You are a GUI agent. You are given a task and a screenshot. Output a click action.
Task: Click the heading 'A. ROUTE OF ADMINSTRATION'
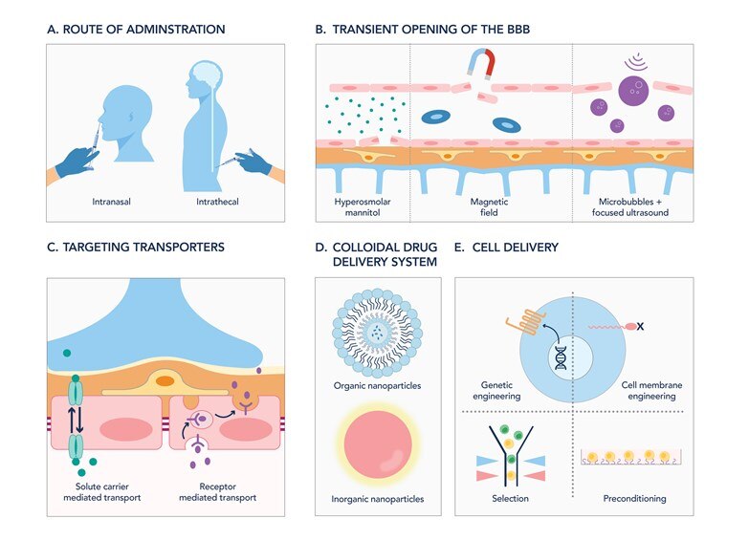(136, 30)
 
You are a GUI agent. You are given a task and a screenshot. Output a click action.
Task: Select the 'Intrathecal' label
(218, 203)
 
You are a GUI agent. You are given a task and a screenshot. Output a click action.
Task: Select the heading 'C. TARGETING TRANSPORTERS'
(136, 248)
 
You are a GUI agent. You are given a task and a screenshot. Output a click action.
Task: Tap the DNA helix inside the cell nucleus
(561, 363)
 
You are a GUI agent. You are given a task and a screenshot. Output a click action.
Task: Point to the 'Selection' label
(513, 498)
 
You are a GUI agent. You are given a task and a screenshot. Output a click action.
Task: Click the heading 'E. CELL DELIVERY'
(506, 248)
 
